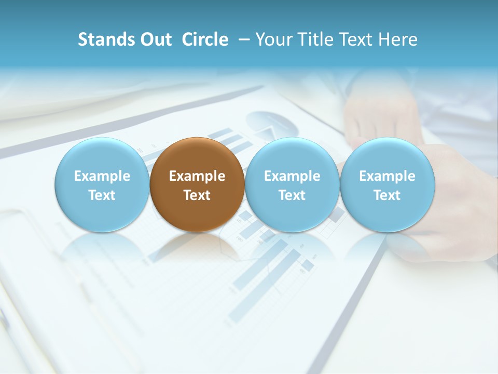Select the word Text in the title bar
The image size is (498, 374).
[357, 39]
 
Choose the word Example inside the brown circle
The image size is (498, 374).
[197, 176]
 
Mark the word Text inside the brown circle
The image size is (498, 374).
[197, 195]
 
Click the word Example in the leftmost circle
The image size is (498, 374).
[102, 176]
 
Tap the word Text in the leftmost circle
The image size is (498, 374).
[102, 195]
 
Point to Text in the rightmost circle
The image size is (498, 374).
[387, 195]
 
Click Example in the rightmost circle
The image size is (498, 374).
[387, 176]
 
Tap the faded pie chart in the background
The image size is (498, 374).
[272, 125]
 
